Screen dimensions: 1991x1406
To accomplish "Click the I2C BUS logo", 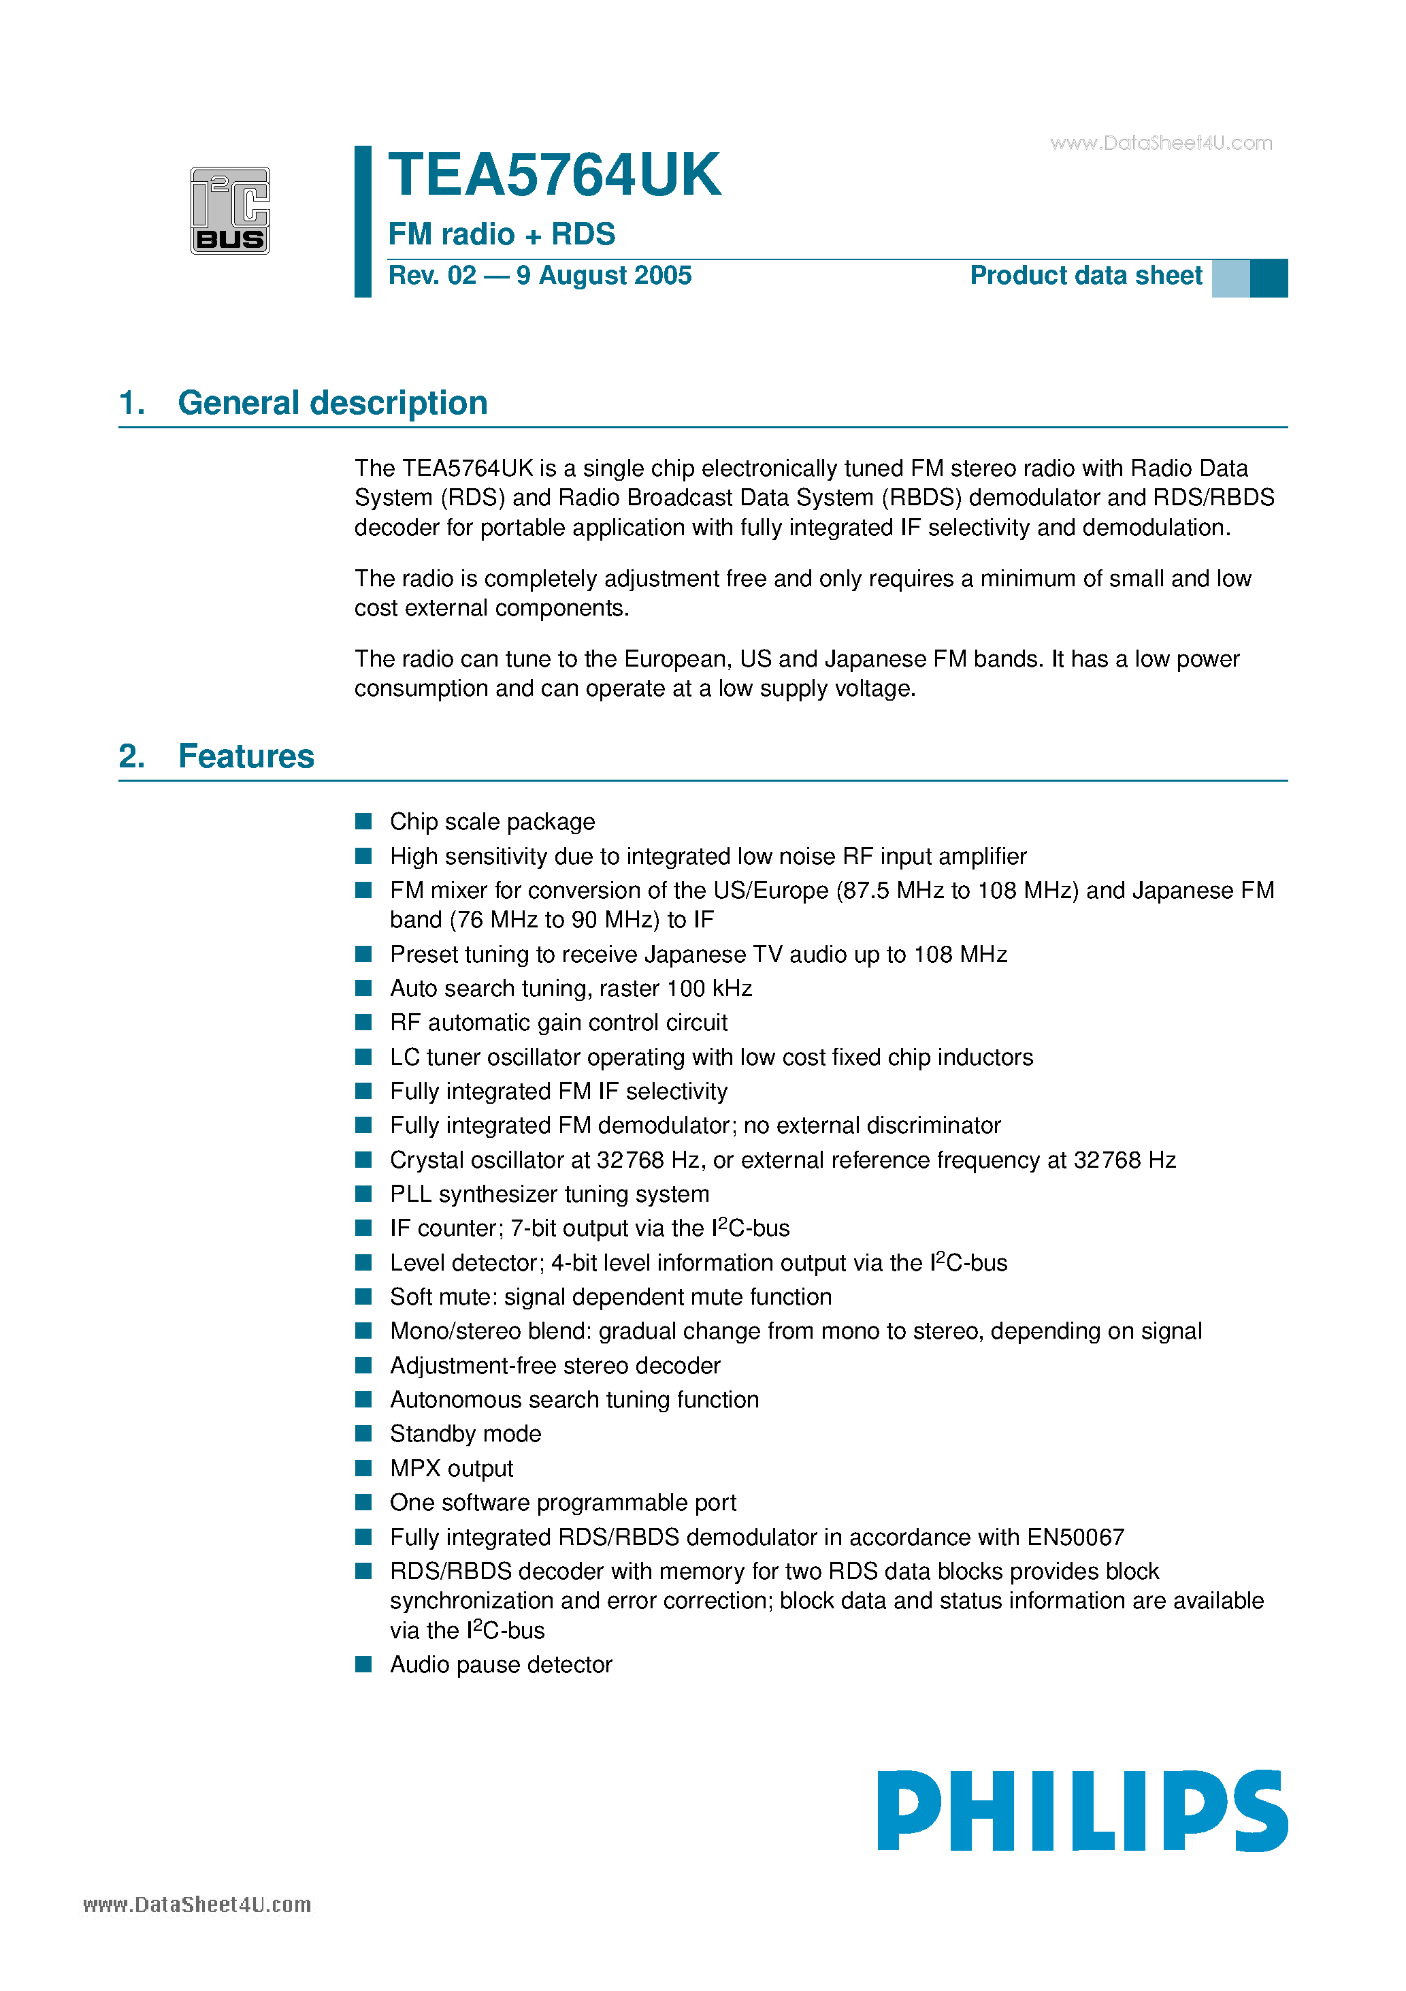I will click(230, 210).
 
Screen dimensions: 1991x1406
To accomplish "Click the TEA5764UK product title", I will click(554, 175).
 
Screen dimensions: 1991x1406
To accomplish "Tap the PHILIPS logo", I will click(1082, 1811).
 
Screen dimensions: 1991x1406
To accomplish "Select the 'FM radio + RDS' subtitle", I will click(501, 234).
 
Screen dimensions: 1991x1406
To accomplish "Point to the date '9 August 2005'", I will click(604, 276).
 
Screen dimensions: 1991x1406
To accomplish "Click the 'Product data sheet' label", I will click(1085, 276).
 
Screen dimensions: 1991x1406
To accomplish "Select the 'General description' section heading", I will click(332, 403).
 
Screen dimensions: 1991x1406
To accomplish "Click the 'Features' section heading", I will click(246, 756).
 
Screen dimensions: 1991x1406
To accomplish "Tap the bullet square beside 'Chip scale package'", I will click(364, 821).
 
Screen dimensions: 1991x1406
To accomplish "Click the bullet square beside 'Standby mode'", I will click(364, 1433).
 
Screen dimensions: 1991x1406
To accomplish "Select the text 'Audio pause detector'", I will click(501, 1664).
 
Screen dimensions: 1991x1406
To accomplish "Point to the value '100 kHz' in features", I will click(709, 989).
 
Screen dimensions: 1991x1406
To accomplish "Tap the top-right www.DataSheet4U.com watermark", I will click(1161, 143).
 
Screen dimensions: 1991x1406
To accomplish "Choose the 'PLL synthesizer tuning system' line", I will click(550, 1194).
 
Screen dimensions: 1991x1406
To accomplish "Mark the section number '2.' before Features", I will click(132, 756).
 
